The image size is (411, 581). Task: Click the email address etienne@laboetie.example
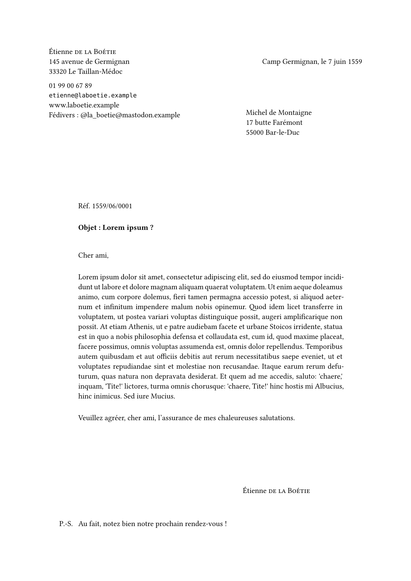tap(93, 95)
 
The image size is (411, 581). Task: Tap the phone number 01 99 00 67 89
tap(70, 86)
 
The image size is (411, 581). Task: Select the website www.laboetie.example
tap(84, 105)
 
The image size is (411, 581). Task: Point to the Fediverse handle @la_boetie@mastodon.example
tap(130, 115)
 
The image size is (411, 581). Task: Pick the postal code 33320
tap(57, 72)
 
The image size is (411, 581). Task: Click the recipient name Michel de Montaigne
tap(279, 113)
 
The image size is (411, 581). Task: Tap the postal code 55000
tap(255, 133)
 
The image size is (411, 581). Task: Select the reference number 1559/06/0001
tap(112, 206)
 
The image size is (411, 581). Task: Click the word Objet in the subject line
tap(87, 228)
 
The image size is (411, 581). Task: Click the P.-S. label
tap(66, 524)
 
